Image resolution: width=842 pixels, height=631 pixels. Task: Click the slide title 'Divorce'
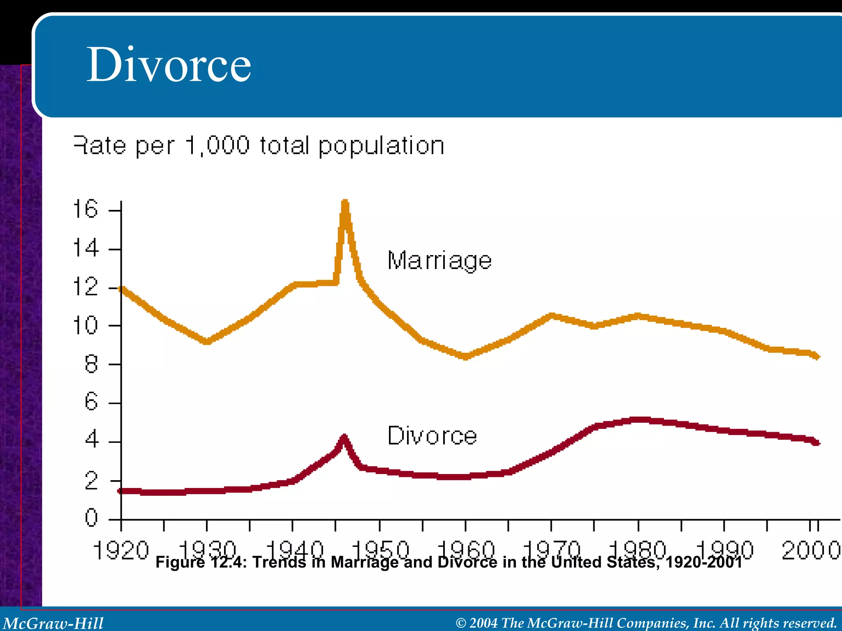tap(169, 65)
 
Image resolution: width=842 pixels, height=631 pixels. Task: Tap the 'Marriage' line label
tap(439, 260)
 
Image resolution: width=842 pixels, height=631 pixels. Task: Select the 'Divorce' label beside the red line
tap(432, 435)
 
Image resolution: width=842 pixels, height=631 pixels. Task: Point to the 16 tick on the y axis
tap(86, 209)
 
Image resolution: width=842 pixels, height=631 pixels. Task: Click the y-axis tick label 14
tap(86, 249)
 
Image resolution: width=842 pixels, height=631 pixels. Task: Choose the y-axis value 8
tap(91, 364)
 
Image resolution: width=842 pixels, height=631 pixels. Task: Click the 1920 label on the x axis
tap(121, 550)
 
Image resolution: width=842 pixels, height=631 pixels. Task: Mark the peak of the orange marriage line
tap(345, 202)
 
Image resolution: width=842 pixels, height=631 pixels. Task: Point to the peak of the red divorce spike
tap(344, 436)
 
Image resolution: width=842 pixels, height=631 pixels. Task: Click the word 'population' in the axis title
tap(381, 146)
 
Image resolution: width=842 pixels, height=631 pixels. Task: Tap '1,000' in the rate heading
tap(217, 146)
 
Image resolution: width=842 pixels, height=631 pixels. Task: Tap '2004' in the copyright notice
tap(483, 623)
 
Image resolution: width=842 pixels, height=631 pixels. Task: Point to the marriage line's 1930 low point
tap(207, 341)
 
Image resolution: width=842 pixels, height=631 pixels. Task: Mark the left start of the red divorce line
tap(120, 491)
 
